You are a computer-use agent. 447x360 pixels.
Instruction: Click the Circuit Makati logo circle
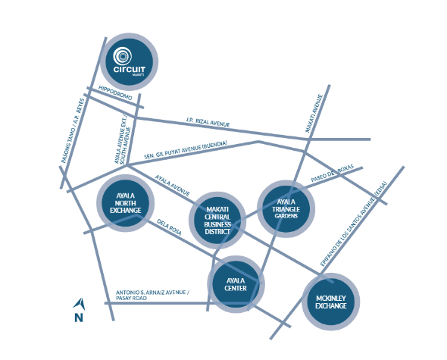tap(129, 62)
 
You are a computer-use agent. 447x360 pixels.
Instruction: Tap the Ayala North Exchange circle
tap(126, 203)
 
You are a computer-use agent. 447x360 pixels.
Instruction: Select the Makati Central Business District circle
tap(217, 221)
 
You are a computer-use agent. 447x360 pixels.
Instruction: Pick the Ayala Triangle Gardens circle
tap(286, 208)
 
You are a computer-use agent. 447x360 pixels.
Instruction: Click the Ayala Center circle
tap(236, 284)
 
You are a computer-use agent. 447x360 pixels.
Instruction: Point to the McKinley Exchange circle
tap(330, 302)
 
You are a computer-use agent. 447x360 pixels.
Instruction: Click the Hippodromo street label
tap(115, 92)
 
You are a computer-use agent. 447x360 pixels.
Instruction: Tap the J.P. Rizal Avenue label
tap(208, 122)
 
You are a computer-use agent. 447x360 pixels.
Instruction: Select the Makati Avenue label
tap(314, 114)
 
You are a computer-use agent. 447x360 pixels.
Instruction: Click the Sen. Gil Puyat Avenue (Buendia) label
tap(186, 150)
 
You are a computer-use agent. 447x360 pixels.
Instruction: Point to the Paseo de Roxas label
tap(332, 173)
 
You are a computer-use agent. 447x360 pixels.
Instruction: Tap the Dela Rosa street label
tap(169, 227)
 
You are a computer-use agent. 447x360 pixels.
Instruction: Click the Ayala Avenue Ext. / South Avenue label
tap(123, 140)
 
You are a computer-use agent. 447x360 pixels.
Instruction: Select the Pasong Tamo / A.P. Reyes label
tap(73, 131)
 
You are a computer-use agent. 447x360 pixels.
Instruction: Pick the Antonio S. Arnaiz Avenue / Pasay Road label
tap(152, 296)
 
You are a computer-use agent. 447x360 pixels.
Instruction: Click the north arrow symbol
tap(80, 304)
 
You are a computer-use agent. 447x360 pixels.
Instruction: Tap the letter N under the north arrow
tap(79, 318)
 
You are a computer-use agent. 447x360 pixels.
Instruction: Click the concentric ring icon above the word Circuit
tap(122, 56)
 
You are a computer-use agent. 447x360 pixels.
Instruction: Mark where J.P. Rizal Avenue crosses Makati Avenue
tap(309, 139)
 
